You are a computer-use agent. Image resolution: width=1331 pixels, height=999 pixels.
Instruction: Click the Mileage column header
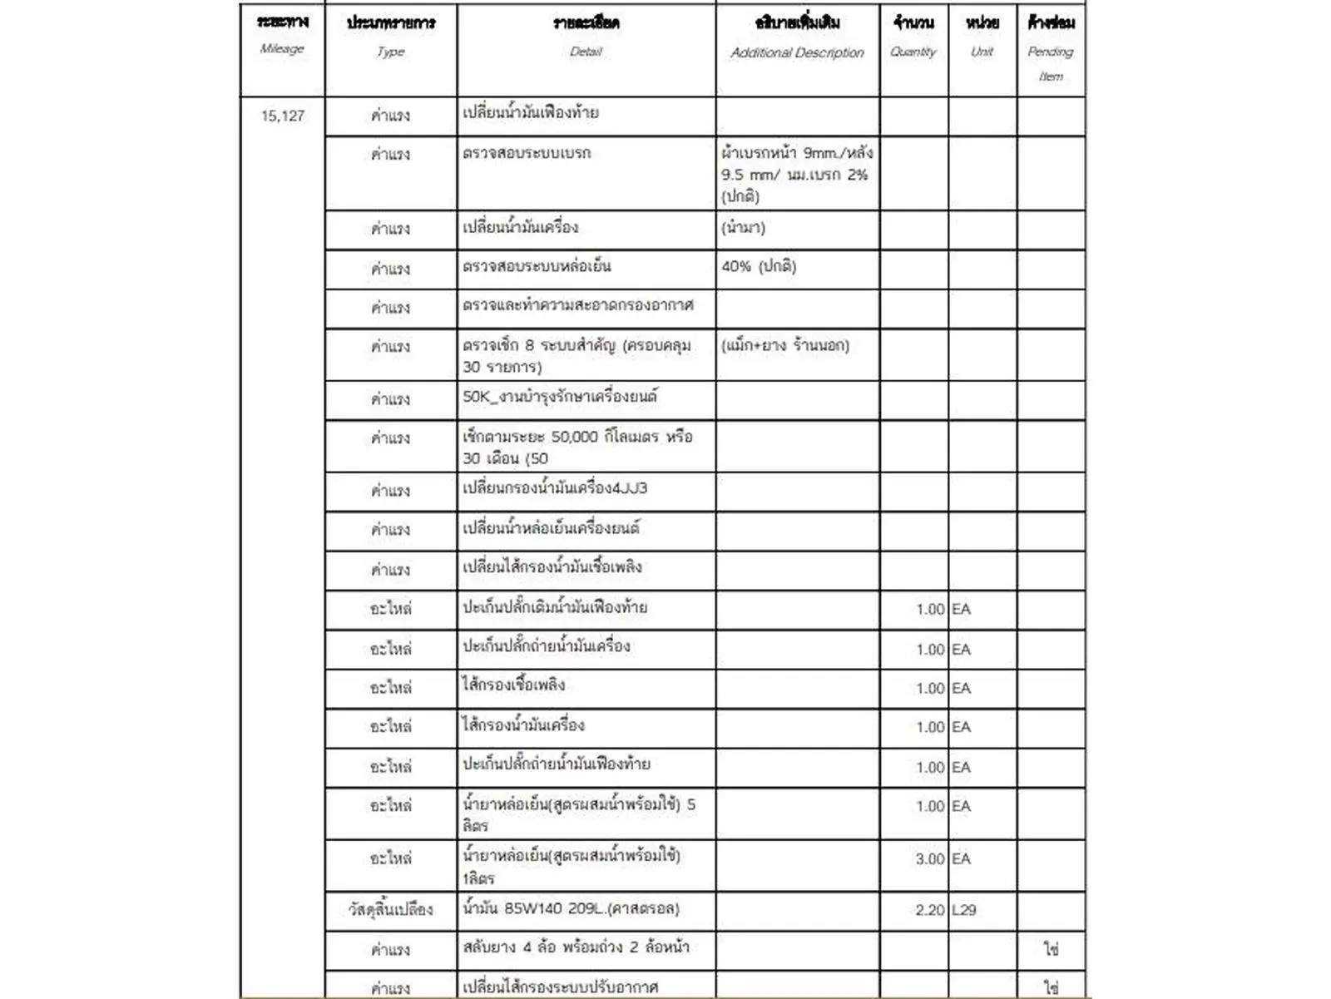pos(282,35)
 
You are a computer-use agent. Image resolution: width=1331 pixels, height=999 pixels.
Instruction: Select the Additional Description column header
pos(797,37)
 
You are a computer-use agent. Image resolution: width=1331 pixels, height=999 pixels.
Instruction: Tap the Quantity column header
pos(913,37)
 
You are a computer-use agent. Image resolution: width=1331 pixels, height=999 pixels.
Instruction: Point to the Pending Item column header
pos(1051,48)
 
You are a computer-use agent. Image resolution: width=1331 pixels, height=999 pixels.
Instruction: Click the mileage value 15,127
pos(283,116)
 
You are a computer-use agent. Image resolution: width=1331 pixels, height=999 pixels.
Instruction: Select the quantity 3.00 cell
pos(929,859)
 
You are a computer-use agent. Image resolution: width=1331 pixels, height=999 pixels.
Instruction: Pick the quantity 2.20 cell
pos(929,910)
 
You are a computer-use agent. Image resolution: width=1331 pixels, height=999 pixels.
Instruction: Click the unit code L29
pos(964,910)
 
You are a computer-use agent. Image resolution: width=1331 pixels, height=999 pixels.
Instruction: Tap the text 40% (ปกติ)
pos(759,267)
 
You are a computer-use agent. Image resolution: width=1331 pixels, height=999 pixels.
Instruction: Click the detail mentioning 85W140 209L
pos(571,909)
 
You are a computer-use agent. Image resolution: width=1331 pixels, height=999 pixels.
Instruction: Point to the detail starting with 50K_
pos(560,397)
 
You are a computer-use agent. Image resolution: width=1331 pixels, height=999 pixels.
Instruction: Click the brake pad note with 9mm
pos(796,175)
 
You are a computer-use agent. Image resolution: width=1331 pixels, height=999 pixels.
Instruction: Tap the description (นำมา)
pos(743,228)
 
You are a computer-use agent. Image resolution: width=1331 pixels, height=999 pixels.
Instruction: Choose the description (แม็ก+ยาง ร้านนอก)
pos(784,345)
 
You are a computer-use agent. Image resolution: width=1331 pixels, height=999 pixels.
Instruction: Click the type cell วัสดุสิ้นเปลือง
pos(390,910)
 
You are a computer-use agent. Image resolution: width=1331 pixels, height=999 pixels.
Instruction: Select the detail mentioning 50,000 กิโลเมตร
pos(577,447)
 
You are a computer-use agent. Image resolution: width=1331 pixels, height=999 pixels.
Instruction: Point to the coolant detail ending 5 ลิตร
pos(579,814)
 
